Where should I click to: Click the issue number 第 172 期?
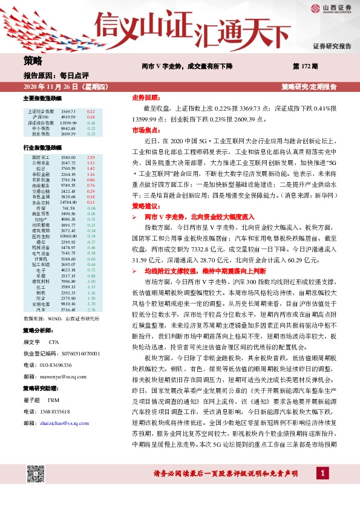tap(306, 65)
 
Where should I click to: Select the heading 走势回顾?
tap(146, 97)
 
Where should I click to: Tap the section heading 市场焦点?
tap(146, 130)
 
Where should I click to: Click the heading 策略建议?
tap(146, 207)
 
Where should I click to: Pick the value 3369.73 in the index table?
tap(68, 112)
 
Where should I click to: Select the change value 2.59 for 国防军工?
tap(91, 157)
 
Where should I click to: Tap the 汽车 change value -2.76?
tap(91, 310)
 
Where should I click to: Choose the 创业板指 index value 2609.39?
tap(68, 134)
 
